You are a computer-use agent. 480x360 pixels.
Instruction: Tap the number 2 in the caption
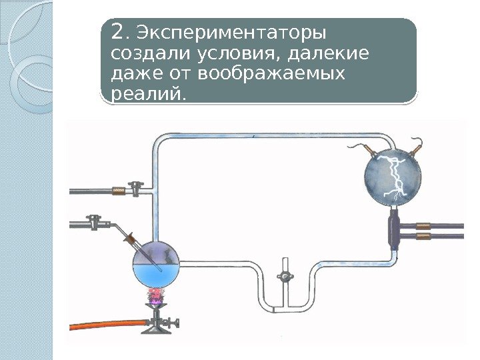tap(118, 31)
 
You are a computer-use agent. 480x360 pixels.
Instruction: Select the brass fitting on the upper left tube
tap(119, 191)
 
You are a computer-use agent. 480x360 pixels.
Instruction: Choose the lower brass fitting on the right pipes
tap(422, 236)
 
